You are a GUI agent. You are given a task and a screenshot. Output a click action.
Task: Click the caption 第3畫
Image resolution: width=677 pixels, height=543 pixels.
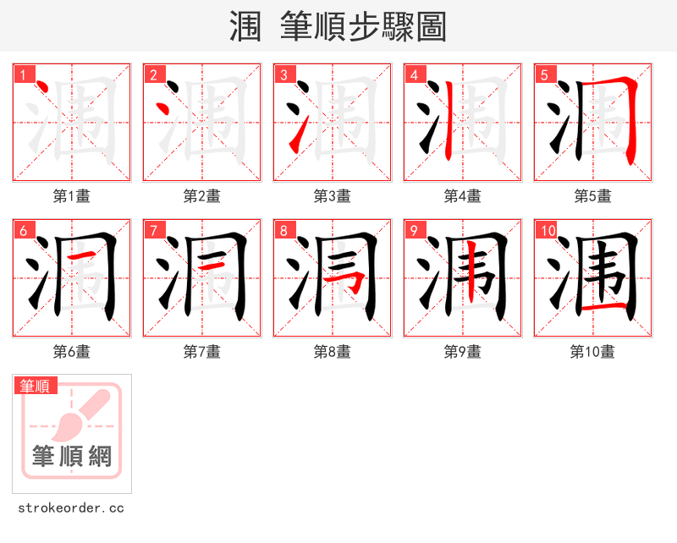click(x=332, y=196)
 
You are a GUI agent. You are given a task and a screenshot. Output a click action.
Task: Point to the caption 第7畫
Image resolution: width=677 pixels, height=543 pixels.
click(x=201, y=352)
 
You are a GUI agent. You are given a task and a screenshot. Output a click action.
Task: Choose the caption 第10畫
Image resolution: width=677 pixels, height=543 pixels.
click(x=592, y=352)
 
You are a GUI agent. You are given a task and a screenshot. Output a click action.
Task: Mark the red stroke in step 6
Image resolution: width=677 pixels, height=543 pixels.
click(x=80, y=255)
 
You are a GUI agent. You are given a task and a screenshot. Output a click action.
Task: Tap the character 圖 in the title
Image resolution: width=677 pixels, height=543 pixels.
click(x=431, y=27)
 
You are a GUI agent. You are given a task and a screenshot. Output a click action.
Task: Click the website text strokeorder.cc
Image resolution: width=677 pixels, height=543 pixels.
click(x=71, y=508)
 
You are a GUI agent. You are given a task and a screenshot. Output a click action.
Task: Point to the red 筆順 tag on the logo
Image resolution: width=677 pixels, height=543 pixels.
click(x=36, y=386)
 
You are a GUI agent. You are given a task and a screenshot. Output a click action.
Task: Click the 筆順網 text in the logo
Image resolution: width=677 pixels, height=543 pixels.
click(x=72, y=457)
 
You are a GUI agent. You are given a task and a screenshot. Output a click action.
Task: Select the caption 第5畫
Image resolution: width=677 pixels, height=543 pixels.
click(x=592, y=196)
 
